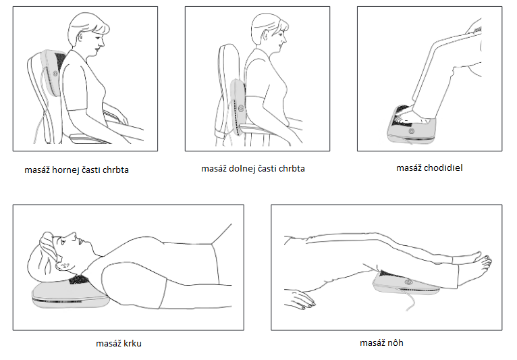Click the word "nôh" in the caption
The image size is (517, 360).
point(395,342)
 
